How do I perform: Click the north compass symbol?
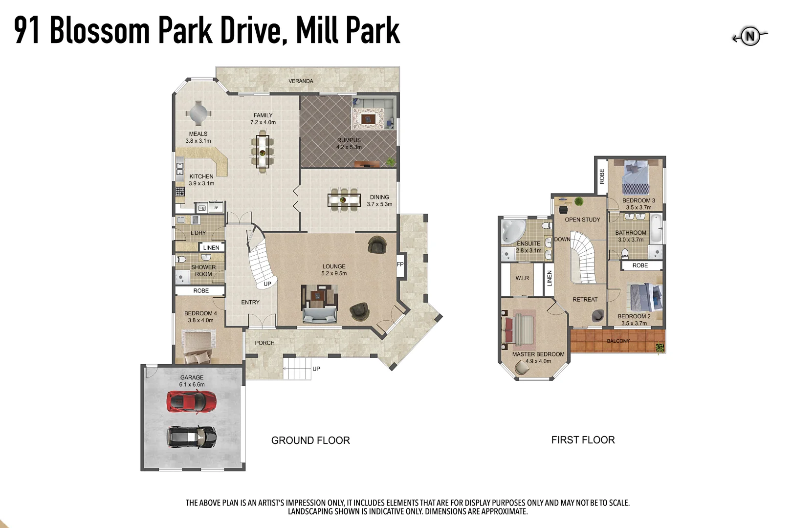[x=750, y=36]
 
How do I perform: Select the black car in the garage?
[x=192, y=437]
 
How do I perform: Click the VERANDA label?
[x=301, y=81]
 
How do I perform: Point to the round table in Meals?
[x=198, y=113]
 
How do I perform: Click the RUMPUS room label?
[x=349, y=140]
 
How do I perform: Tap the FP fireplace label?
[x=400, y=264]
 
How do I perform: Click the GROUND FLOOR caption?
[x=310, y=440]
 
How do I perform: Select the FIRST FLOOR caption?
[x=583, y=440]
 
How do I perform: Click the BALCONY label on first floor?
[x=618, y=341]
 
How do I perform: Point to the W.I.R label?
[x=522, y=278]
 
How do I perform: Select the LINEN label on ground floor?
[x=211, y=248]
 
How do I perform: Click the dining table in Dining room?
[x=344, y=200]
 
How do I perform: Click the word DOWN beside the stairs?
[x=562, y=240]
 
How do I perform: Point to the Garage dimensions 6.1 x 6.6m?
[x=192, y=385]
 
